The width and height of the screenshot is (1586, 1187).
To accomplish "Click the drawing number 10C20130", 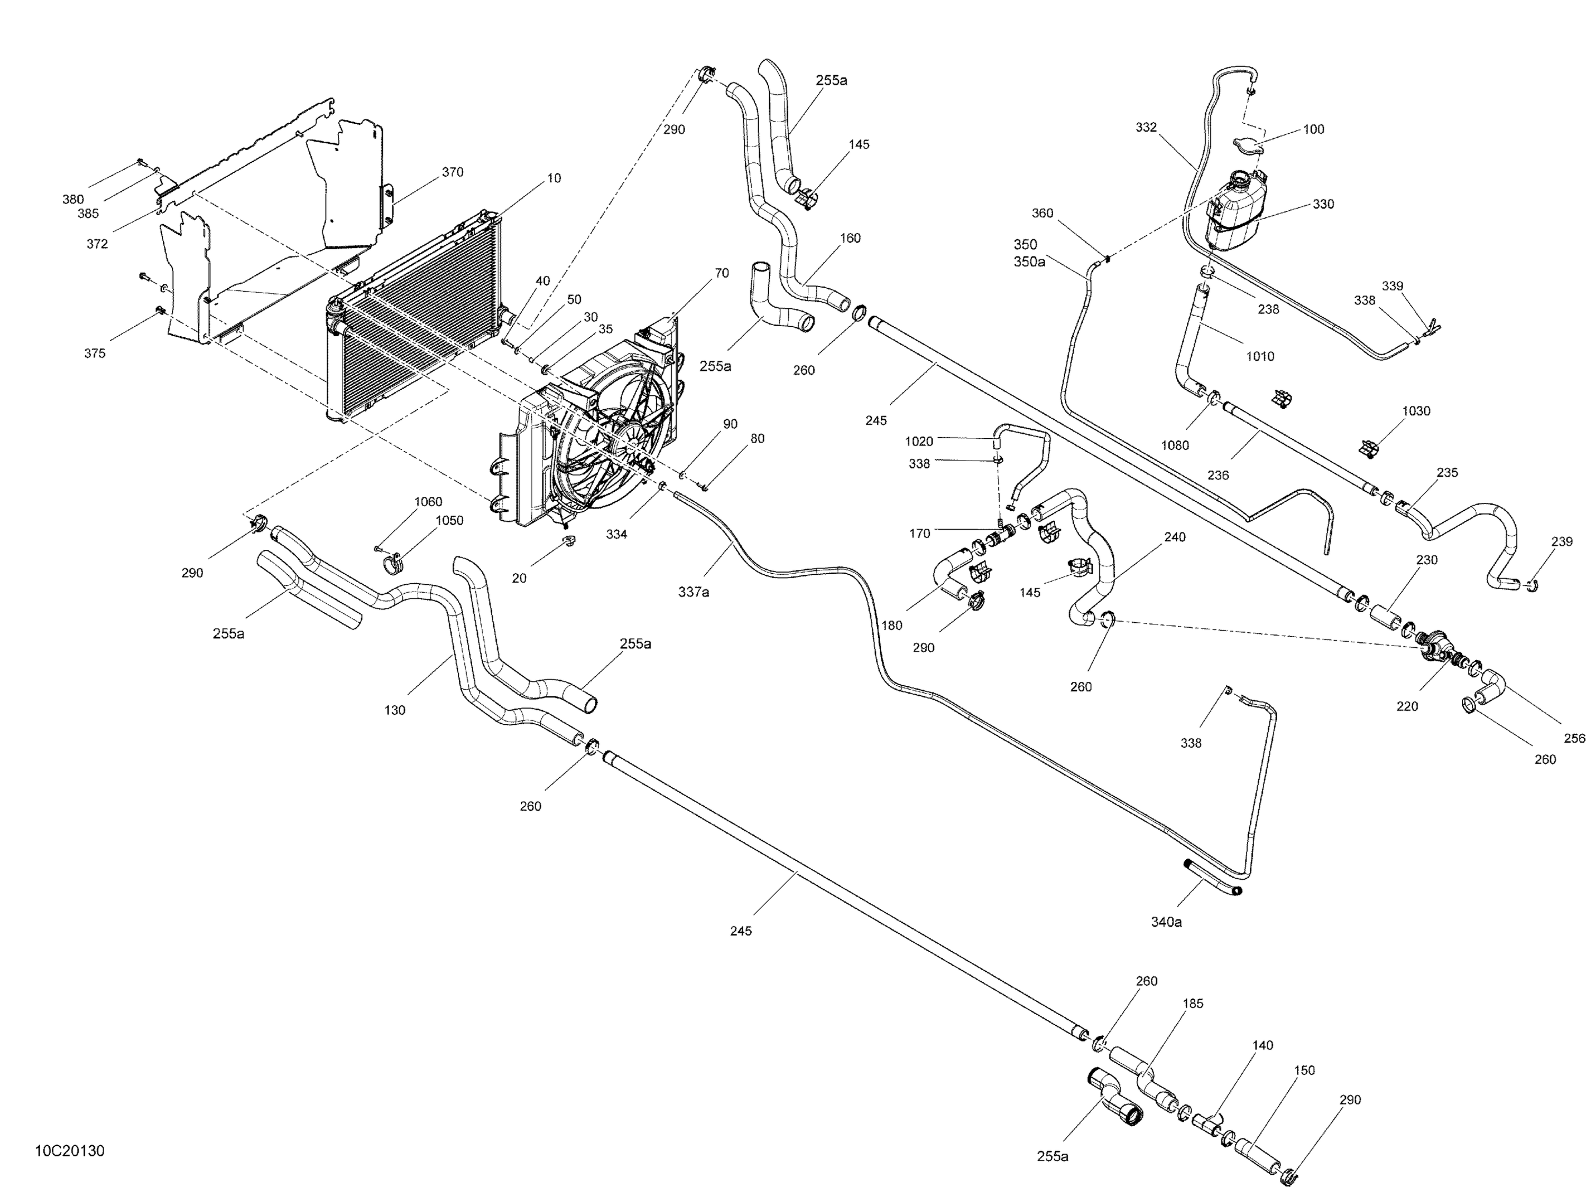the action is click(70, 1151).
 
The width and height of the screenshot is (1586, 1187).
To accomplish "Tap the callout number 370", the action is click(453, 172).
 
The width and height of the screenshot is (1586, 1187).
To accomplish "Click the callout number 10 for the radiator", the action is click(554, 178).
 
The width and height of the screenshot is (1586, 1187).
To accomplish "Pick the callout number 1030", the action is click(1416, 411).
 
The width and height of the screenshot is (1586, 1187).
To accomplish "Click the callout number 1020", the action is click(919, 441).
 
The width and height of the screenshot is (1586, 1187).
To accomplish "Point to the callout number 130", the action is click(394, 710).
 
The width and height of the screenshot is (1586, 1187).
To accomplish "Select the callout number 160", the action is click(850, 238).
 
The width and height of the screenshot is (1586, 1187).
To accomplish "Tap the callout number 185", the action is click(1193, 1004).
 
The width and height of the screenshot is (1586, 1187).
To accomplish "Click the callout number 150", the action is click(1304, 1070).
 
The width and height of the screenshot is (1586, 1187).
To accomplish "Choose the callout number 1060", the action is click(428, 502).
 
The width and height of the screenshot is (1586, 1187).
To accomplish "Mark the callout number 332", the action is click(1147, 127).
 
